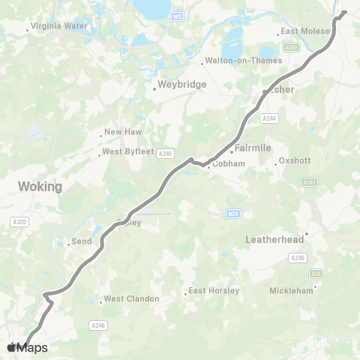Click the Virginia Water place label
(60, 25)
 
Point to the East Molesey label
(301, 32)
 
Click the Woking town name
(40, 186)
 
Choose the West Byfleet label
(127, 151)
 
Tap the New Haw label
(123, 132)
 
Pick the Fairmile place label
(253, 148)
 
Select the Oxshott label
(294, 160)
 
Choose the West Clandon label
(131, 298)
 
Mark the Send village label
(80, 242)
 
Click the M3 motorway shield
(177, 15)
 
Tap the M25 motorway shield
(232, 214)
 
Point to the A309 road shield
(292, 48)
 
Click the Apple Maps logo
(27, 347)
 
